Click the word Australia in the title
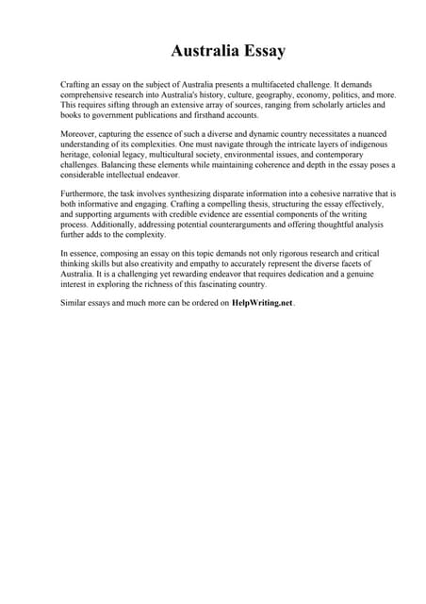point(202,50)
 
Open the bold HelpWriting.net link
point(262,303)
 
